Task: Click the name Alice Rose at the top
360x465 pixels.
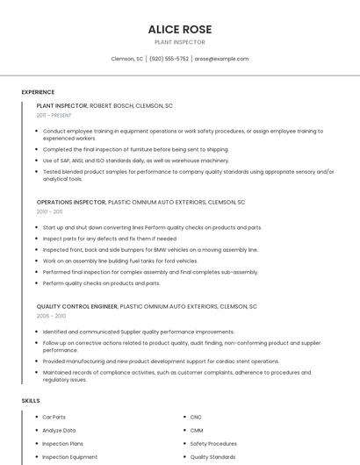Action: click(x=179, y=29)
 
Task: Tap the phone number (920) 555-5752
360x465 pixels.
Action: click(x=169, y=59)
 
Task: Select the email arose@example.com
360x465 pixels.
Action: click(x=221, y=59)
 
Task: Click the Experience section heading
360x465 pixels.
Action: click(x=38, y=92)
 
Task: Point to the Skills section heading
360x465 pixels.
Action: click(x=31, y=400)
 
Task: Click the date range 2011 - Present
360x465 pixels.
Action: click(x=54, y=115)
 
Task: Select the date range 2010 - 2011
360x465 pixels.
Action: click(x=49, y=211)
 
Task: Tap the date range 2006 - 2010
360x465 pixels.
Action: click(x=51, y=316)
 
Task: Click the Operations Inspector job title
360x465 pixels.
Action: click(x=70, y=202)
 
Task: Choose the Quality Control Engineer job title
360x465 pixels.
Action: click(x=76, y=306)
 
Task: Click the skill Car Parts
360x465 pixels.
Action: click(x=54, y=417)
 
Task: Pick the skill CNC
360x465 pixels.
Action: click(x=196, y=417)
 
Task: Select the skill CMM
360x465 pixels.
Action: click(x=197, y=430)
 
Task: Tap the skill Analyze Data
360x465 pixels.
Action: click(x=59, y=430)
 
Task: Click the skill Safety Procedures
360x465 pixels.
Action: click(x=213, y=443)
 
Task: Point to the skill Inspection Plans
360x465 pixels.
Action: click(x=62, y=443)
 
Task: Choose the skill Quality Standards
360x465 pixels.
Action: click(x=212, y=456)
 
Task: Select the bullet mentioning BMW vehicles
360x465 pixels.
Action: click(x=150, y=249)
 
